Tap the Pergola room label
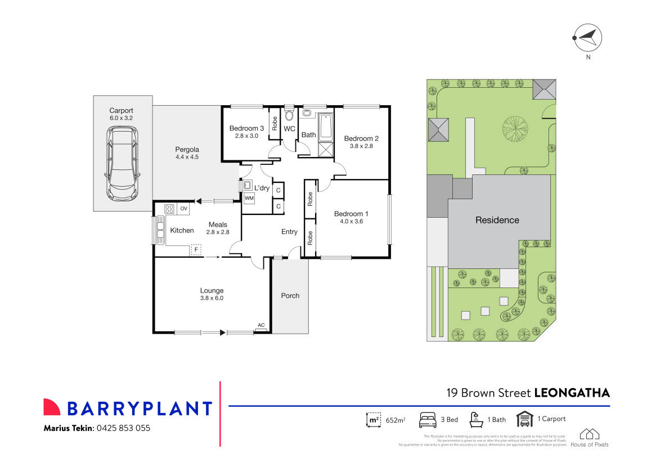click(x=187, y=150)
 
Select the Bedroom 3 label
click(x=246, y=128)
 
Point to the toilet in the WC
click(x=289, y=115)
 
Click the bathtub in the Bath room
click(x=326, y=128)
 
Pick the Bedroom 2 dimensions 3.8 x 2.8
click(x=361, y=146)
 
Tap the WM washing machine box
click(x=249, y=198)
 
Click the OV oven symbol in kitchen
click(x=183, y=209)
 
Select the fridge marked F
click(x=196, y=249)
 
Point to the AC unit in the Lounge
click(x=260, y=326)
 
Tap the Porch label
click(x=290, y=295)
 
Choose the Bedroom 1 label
click(x=351, y=214)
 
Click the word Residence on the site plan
click(x=497, y=220)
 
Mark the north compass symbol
click(x=587, y=38)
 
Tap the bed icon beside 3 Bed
click(x=428, y=420)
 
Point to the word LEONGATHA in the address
click(x=571, y=392)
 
